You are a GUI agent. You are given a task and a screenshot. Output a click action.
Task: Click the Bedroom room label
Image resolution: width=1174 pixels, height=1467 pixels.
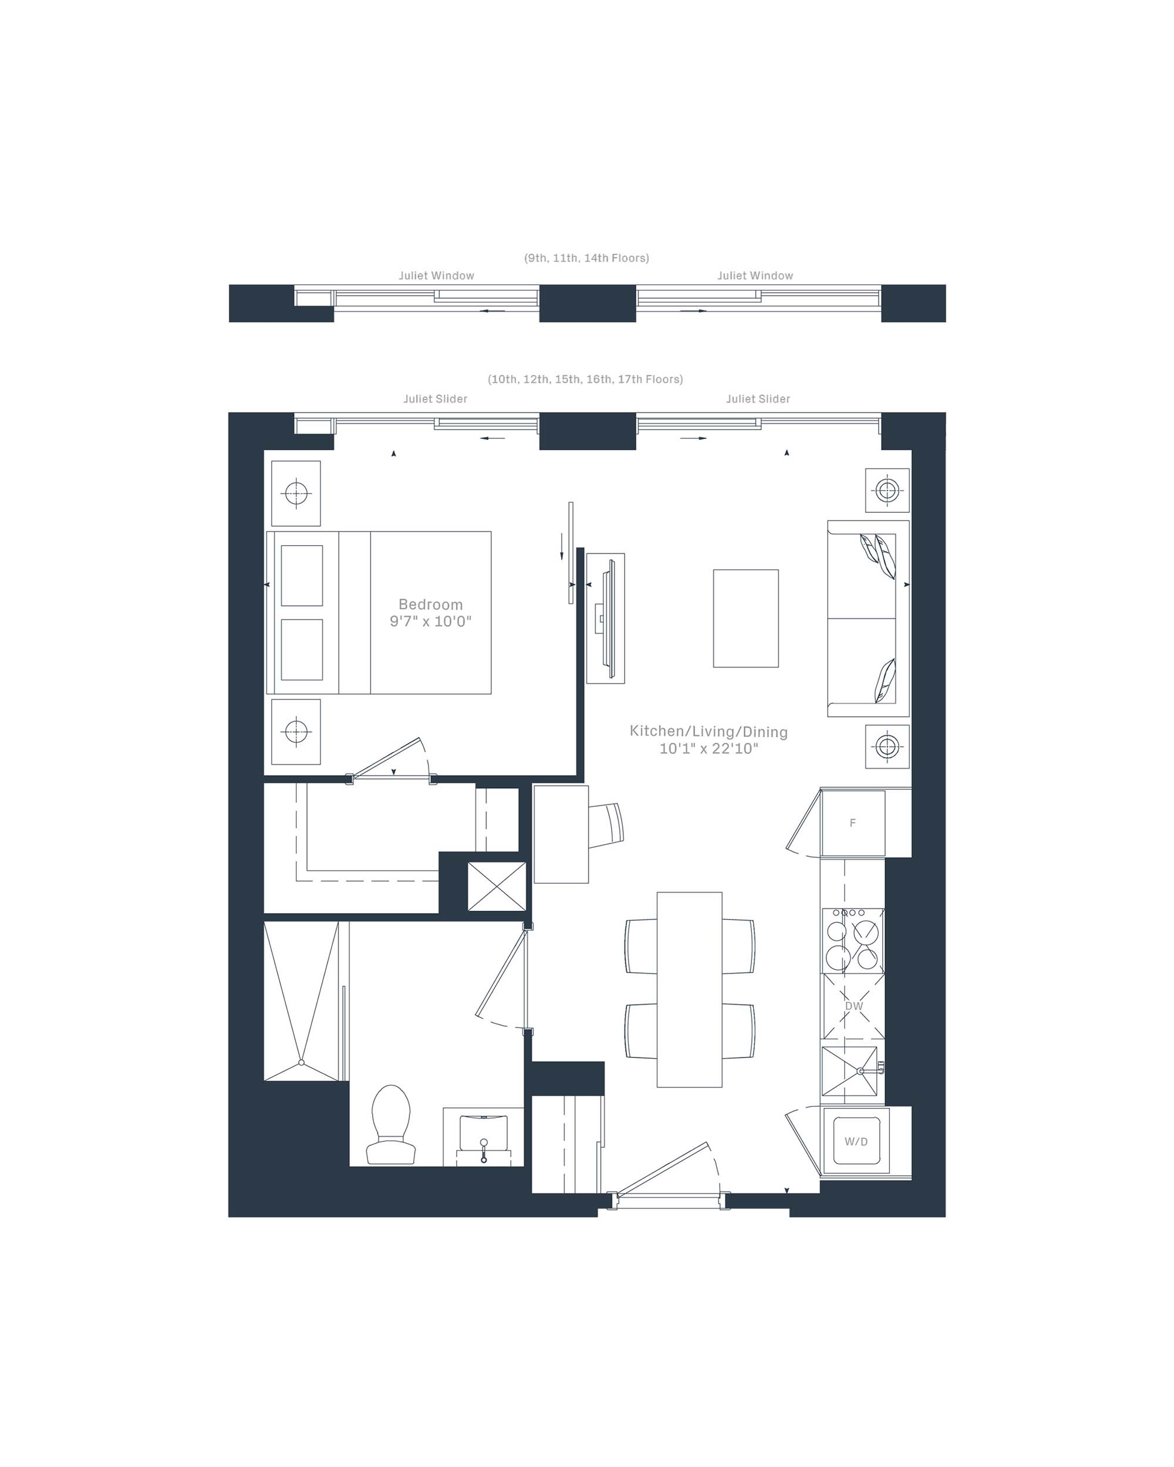[x=430, y=604]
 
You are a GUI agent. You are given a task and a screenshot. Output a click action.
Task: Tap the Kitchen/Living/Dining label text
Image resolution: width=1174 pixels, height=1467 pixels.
[x=709, y=732]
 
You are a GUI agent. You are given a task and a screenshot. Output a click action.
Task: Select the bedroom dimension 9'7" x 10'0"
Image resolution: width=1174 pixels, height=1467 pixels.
[x=430, y=621]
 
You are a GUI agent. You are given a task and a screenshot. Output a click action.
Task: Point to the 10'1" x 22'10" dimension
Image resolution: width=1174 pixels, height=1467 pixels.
[x=709, y=749]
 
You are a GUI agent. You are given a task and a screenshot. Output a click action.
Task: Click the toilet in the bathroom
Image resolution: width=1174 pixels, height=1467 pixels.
[x=392, y=1125]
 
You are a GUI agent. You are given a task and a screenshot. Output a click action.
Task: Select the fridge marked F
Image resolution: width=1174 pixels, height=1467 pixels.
[x=853, y=823]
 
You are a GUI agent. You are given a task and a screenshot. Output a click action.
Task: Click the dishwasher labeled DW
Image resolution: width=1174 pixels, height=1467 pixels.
[x=853, y=1006]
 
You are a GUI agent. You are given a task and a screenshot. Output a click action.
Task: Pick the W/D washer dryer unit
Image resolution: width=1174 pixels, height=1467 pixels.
[x=856, y=1141]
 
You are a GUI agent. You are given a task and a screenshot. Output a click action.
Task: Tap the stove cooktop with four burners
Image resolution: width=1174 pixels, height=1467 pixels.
[x=853, y=941]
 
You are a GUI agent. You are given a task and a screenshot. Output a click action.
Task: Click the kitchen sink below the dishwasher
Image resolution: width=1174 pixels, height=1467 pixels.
[x=851, y=1070]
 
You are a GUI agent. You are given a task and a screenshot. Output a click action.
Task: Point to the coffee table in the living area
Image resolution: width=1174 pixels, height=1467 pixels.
[x=746, y=618]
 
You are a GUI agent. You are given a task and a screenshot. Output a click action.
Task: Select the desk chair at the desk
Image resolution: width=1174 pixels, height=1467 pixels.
[x=606, y=826]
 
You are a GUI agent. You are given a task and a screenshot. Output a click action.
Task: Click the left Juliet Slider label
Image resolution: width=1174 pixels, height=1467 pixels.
[x=436, y=398]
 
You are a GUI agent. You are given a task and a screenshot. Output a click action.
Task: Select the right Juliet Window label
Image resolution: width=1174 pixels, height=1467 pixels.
[x=755, y=276]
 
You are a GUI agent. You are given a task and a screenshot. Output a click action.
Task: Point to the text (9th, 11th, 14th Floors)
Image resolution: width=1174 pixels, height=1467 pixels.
[x=586, y=258]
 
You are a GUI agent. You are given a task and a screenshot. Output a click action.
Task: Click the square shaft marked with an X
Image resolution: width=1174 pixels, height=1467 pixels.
[x=497, y=887]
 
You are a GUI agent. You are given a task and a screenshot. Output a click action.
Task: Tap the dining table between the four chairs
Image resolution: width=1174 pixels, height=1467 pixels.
[x=689, y=989]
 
